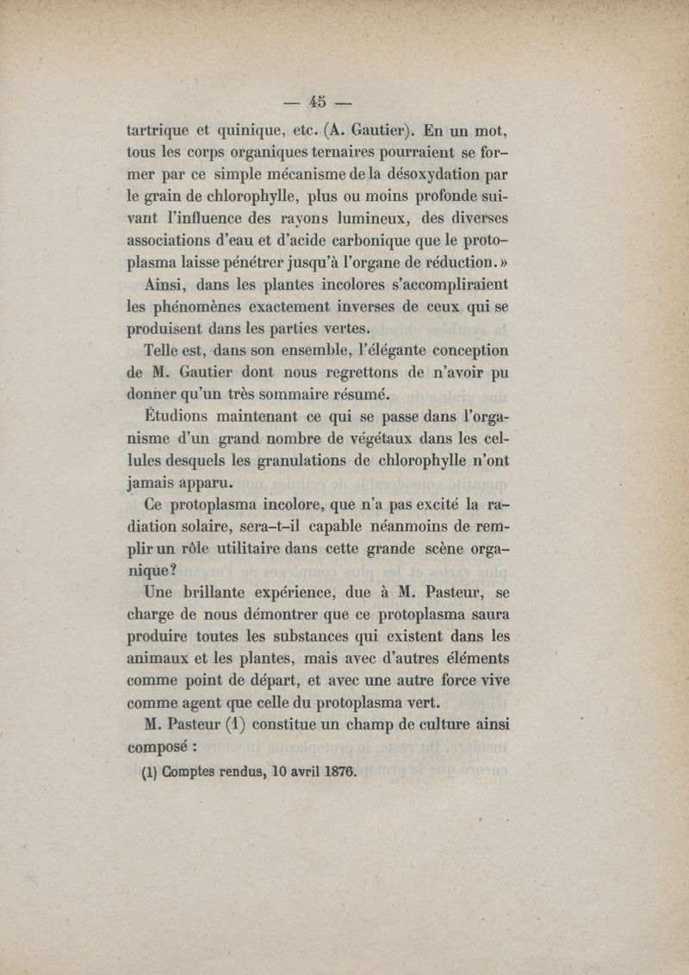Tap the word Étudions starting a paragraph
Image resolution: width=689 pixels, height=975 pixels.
[177, 418]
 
